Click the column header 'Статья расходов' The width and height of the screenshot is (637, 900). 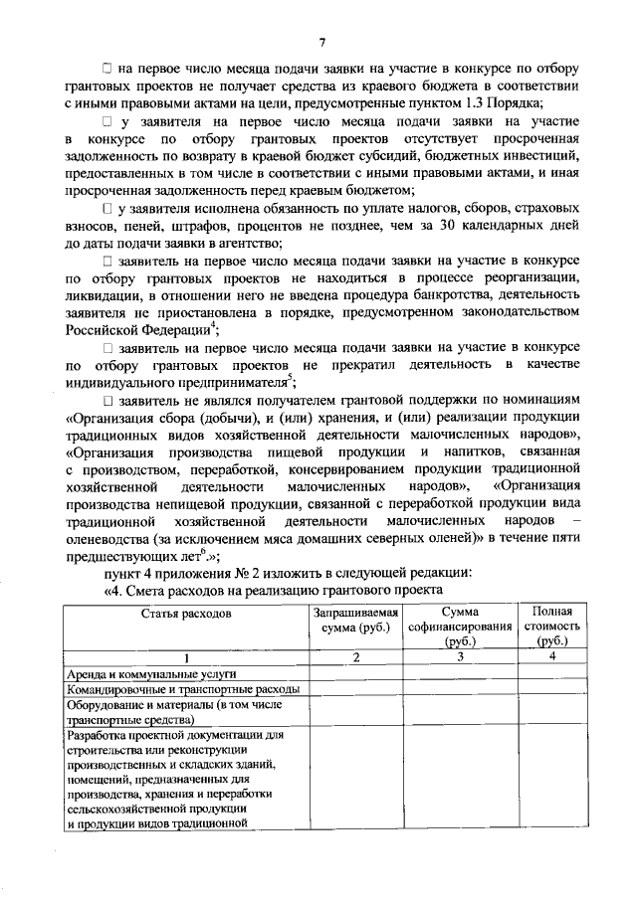click(x=185, y=614)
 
